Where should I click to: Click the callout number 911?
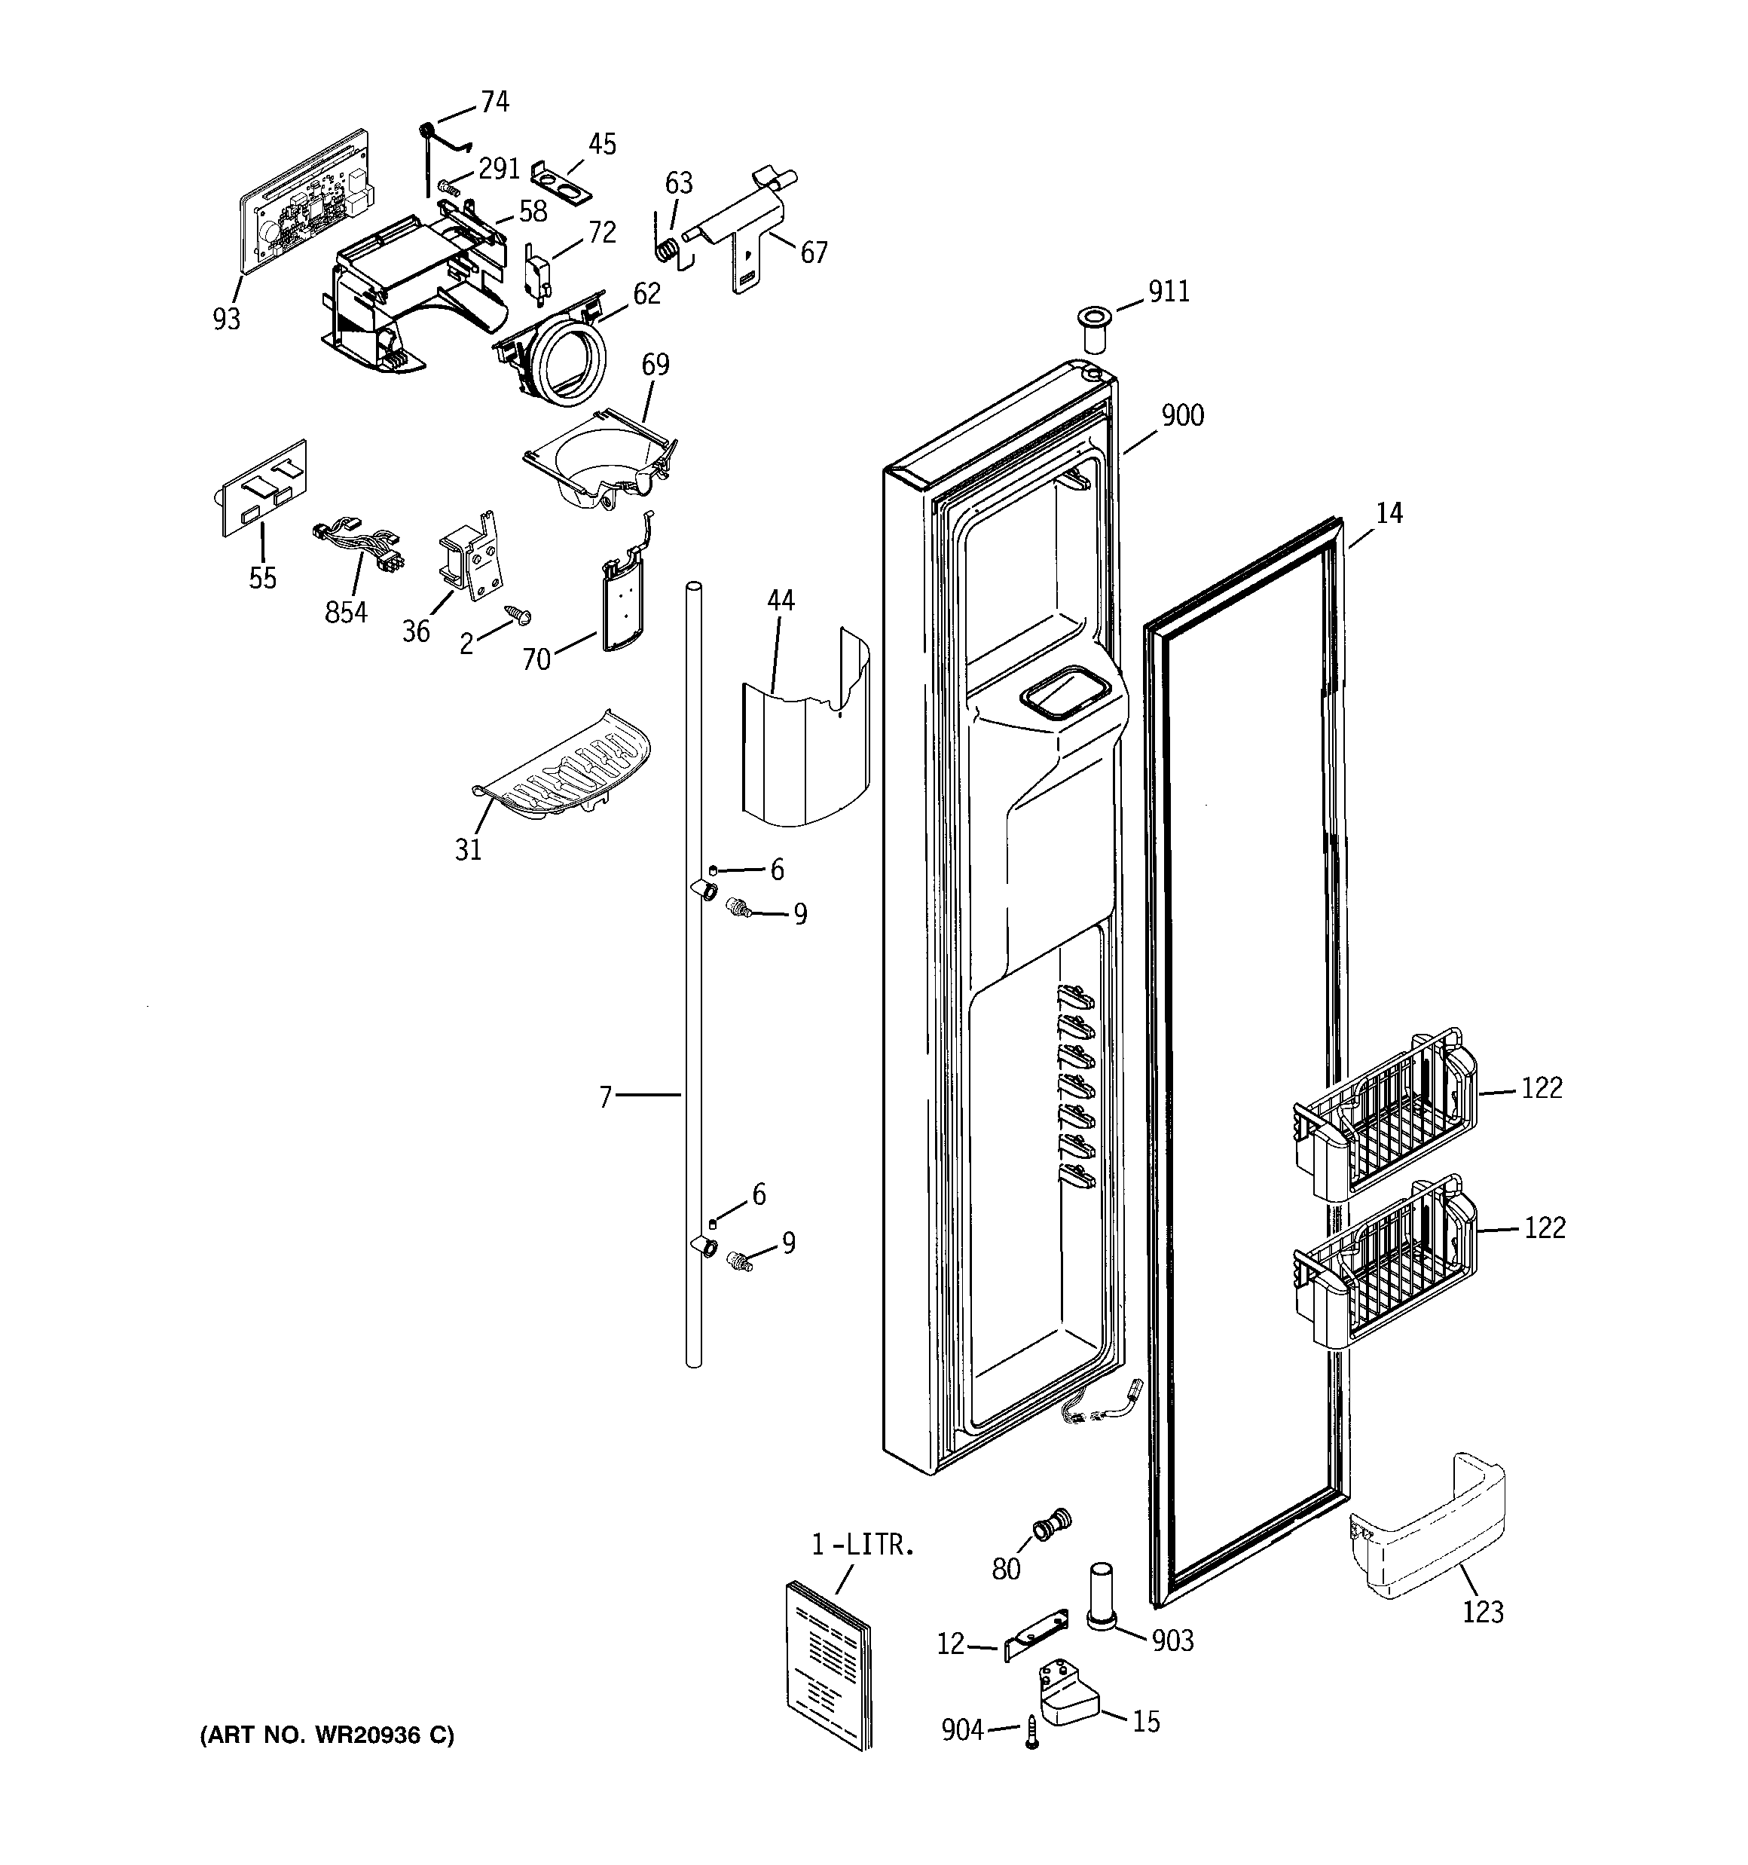(1169, 292)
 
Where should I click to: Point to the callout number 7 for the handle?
(605, 1096)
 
